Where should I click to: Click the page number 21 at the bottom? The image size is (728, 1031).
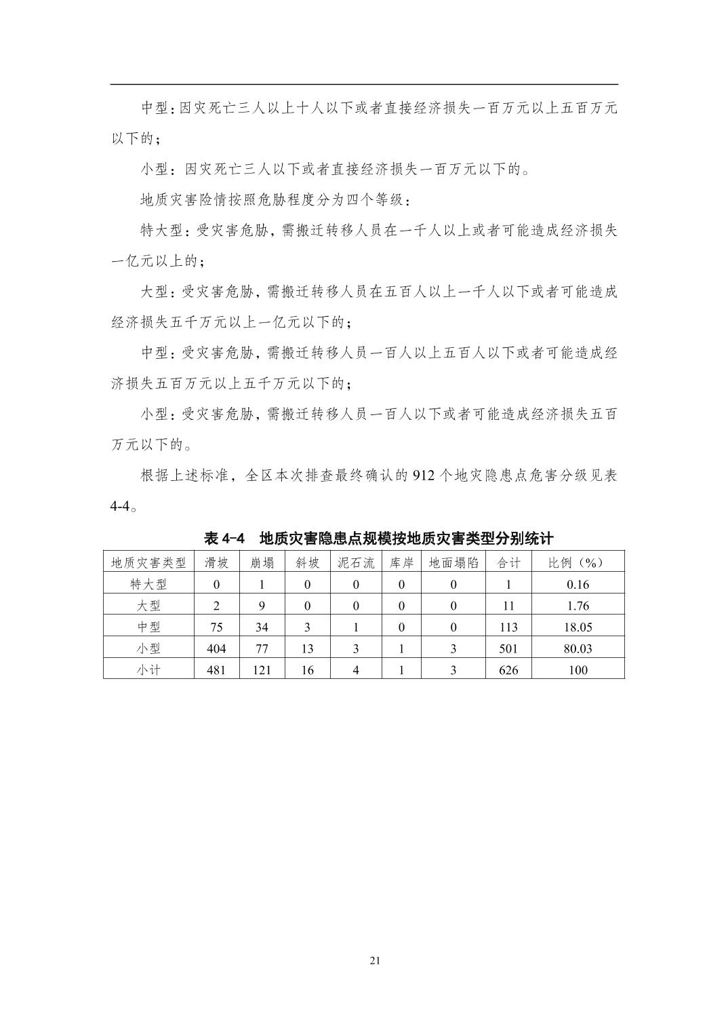coord(375,960)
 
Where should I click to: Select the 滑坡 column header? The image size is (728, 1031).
coord(216,562)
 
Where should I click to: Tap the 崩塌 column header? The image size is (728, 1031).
coord(262,562)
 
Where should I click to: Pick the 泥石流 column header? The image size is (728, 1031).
coord(356,562)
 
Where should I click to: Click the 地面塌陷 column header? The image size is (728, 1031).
coord(453,562)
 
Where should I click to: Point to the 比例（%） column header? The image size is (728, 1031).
coord(578,562)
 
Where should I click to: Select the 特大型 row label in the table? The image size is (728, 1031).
coord(148,584)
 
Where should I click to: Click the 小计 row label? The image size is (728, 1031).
coord(148,669)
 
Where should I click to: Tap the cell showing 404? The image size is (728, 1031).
coord(216,648)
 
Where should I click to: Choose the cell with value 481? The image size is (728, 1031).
coord(216,669)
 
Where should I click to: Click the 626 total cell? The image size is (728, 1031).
coord(508,669)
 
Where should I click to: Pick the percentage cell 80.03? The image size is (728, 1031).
coord(578,648)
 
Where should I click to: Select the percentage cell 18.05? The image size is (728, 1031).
coord(578,627)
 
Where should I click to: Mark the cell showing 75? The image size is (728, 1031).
coord(216,627)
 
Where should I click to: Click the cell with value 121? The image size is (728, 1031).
coord(262,669)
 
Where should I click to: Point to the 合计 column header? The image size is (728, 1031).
coord(508,562)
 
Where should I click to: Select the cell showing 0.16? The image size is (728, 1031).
coord(578,584)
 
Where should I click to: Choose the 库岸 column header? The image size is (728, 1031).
coord(401,562)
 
